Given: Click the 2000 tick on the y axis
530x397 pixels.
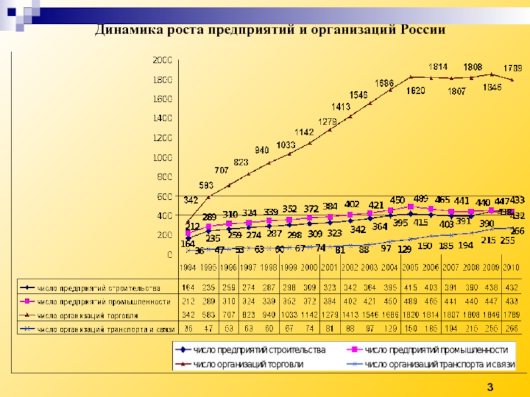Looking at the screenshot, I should [162, 60].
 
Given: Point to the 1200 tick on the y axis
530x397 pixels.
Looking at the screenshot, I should [162, 138].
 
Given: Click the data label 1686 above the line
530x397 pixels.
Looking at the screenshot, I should [384, 83].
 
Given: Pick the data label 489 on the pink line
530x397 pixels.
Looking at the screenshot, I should [420, 198].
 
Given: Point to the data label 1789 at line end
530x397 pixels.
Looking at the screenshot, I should [512, 68].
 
